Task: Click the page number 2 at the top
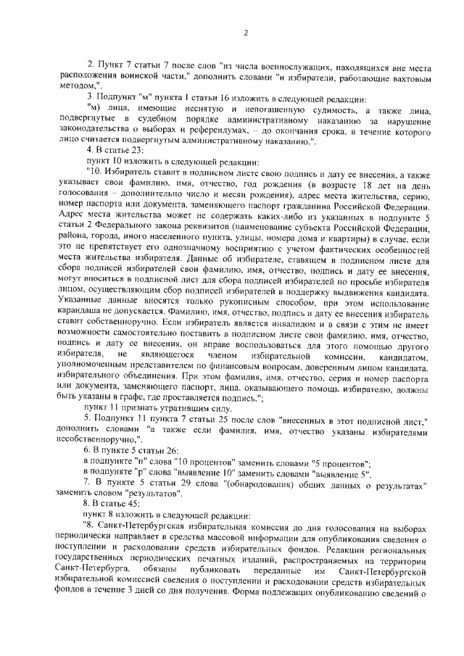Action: (246, 33)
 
